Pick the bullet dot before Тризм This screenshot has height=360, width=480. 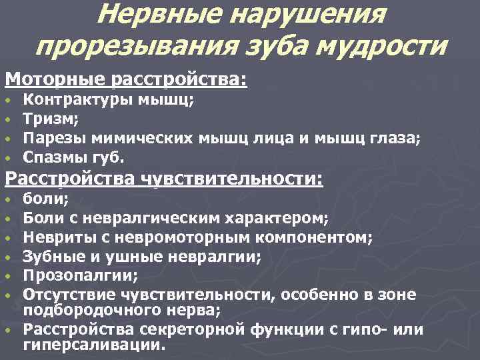(x=8, y=121)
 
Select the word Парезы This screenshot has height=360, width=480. (x=52, y=138)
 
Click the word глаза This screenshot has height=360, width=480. (x=397, y=138)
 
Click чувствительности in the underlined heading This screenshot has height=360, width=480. (x=232, y=179)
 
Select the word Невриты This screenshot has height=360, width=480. (x=56, y=237)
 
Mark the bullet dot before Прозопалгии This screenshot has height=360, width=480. (x=8, y=275)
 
